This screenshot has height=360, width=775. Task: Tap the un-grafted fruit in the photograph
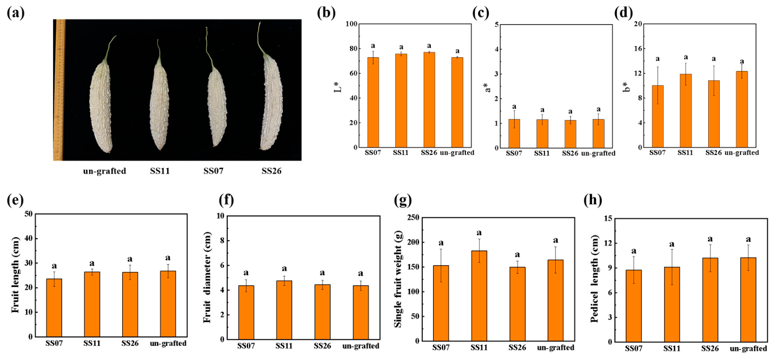[x=101, y=104]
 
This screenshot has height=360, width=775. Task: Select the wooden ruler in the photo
[x=59, y=90]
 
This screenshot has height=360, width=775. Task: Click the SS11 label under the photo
[x=160, y=171]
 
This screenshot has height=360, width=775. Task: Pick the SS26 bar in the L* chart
[x=429, y=99]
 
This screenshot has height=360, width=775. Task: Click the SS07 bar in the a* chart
[x=514, y=134]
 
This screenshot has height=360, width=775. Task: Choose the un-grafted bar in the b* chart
[x=742, y=109]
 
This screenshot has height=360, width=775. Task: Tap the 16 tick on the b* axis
[x=647, y=49]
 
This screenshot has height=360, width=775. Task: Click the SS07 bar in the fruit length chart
[x=54, y=308]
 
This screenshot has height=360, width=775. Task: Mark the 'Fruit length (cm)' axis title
[x=16, y=275]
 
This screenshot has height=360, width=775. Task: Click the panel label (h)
[x=593, y=200]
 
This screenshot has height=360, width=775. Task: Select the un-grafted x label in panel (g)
[x=556, y=348]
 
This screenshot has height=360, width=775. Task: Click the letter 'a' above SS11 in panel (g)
[x=479, y=233]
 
